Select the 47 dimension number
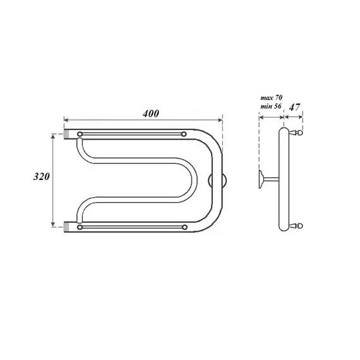tap(294, 108)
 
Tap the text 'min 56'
tap(270, 108)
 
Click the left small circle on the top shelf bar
tap(80, 135)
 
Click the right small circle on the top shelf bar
tap(184, 135)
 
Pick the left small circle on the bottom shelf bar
tap(80, 226)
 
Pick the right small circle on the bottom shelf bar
tap(184, 226)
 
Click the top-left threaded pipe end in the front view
tap(69, 135)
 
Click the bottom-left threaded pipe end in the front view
tap(69, 225)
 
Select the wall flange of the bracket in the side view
tap(261, 179)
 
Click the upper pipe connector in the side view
tap(299, 133)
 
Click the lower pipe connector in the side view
tap(299, 225)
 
